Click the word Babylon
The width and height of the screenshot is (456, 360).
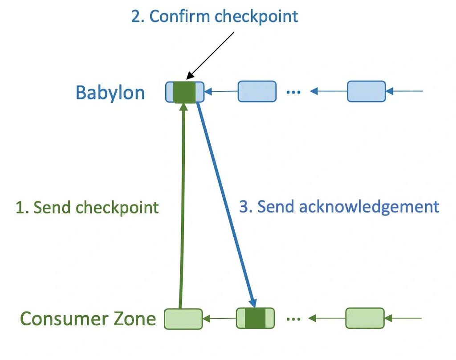coord(110,93)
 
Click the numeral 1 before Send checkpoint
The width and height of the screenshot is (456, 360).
coord(20,208)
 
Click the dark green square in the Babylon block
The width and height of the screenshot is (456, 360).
coord(184,92)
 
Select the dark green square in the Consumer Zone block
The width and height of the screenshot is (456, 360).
coord(255,319)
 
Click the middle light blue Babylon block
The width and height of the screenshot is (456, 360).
coord(257,91)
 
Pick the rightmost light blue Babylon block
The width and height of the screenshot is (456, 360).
coord(366,91)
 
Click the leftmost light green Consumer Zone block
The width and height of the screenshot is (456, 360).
coord(183,319)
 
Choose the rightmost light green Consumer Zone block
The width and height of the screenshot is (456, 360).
coord(365,318)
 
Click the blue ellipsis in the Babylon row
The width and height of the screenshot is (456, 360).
coord(293,92)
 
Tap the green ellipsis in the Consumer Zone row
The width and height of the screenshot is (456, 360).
coord(293,319)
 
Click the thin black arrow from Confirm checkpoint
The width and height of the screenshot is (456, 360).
coord(210,56)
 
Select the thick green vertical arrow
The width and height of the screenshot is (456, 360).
coord(182,205)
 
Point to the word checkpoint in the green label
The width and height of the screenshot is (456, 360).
coord(117,208)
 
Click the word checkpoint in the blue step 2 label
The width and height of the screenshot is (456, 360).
coord(256,16)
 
